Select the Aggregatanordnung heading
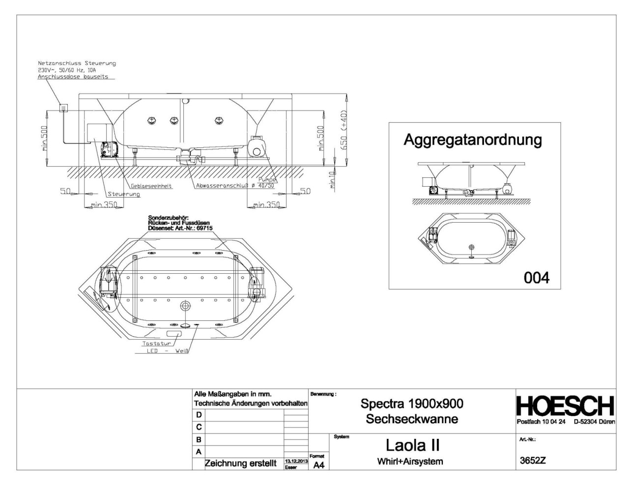(472, 140)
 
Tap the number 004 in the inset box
(537, 278)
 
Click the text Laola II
(412, 445)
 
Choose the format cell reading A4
(318, 465)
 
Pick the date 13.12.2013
(296, 462)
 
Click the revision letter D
(199, 415)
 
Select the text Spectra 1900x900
(412, 404)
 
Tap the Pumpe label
(267, 180)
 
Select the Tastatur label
(156, 343)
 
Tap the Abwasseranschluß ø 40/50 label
(234, 186)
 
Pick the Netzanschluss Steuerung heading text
(77, 63)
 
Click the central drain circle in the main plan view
(185, 306)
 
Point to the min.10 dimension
(333, 180)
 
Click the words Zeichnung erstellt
(240, 463)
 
